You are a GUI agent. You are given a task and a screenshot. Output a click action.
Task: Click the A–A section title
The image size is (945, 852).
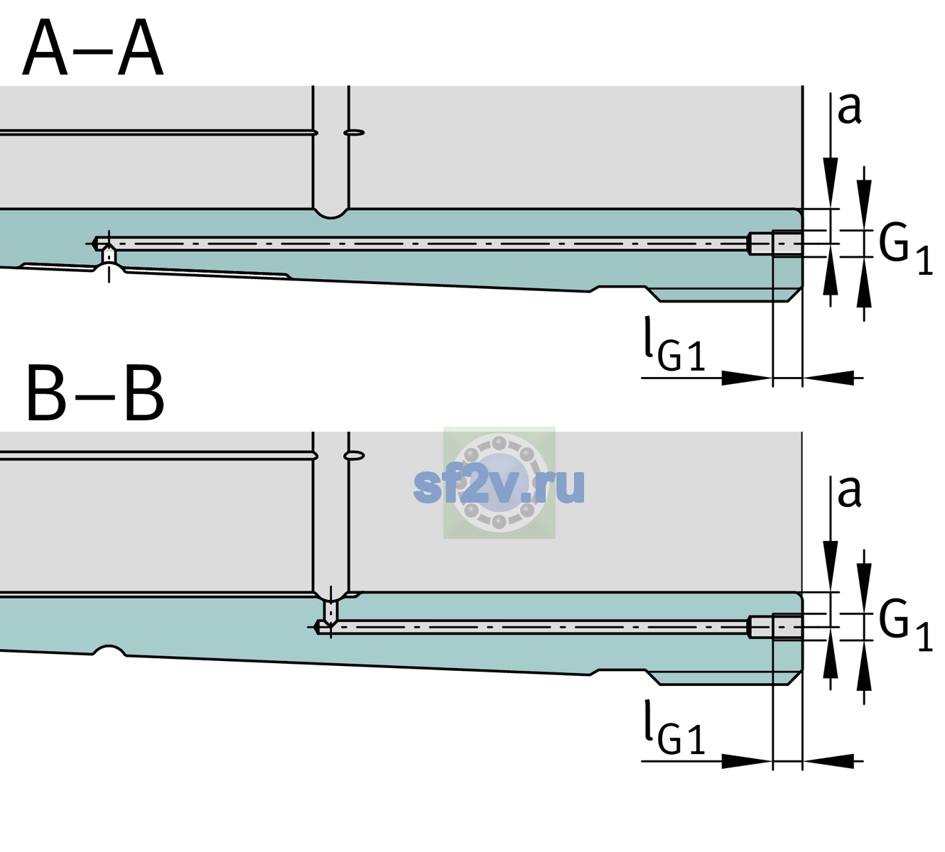click(x=93, y=48)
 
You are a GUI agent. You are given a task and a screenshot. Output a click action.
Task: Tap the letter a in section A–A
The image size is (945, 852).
click(x=849, y=109)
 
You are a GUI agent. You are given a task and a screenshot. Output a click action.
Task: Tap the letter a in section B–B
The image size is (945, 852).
click(x=849, y=492)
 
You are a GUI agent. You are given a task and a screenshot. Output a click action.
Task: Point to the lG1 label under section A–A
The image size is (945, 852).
click(x=674, y=344)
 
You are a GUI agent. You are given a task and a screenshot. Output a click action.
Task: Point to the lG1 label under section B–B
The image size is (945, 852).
click(x=674, y=727)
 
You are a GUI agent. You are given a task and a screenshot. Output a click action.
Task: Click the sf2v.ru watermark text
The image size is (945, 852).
click(x=499, y=486)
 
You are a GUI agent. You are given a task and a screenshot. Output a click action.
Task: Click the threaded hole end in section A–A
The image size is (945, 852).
click(x=775, y=244)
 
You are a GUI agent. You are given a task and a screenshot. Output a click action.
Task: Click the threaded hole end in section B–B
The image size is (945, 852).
click(x=775, y=627)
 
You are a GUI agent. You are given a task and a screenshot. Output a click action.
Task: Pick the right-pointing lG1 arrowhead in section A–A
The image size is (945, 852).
click(x=747, y=378)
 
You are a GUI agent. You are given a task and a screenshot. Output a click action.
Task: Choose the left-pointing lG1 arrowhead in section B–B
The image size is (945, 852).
click(x=828, y=761)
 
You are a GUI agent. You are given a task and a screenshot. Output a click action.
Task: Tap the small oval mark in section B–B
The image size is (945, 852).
click(x=355, y=455)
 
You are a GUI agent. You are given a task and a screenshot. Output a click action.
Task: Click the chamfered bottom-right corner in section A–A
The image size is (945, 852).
click(x=796, y=295)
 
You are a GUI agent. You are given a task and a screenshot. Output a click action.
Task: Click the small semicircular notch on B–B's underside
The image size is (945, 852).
click(x=109, y=650)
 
